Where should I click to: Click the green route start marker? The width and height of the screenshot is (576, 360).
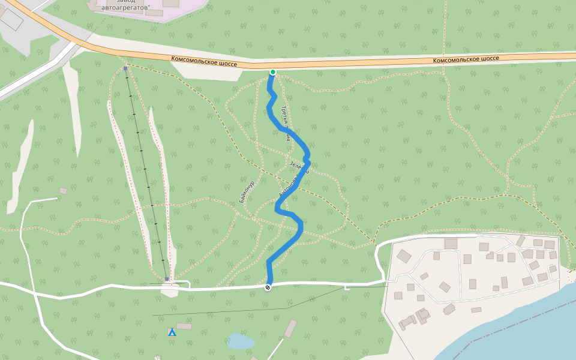point(272,72)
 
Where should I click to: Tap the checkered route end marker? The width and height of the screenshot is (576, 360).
point(268,287)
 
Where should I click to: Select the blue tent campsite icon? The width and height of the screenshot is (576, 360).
point(172,332)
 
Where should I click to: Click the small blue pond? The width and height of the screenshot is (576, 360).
point(241,341)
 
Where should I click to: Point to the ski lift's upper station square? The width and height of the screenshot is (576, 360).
point(125,69)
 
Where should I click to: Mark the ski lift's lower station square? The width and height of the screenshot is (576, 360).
point(166,279)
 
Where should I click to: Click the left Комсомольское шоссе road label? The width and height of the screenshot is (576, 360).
point(204,61)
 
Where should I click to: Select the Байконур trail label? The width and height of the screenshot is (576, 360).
point(247,191)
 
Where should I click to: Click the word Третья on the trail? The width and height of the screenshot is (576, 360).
point(285,115)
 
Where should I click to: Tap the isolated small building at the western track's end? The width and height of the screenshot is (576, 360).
point(63,191)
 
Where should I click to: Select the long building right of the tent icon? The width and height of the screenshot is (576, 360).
point(184,326)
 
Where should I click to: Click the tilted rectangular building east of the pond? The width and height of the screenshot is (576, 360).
point(290,328)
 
